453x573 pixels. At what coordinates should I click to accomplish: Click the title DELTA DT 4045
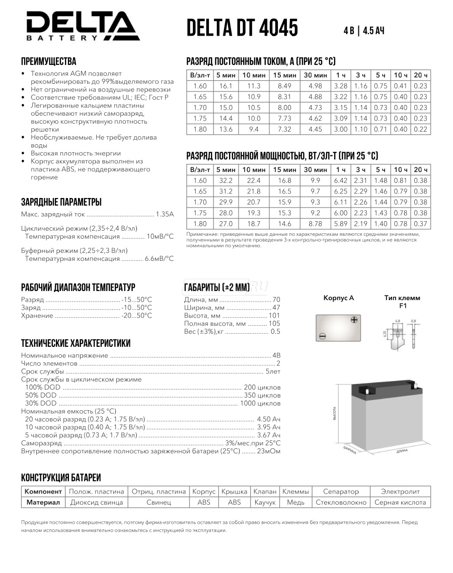point(242,28)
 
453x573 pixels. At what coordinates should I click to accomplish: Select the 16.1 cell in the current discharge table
point(225,86)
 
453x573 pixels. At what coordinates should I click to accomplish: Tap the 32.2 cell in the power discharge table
point(225,180)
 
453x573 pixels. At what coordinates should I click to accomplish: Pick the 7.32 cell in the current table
point(284,129)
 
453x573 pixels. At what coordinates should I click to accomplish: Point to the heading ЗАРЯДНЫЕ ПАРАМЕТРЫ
point(61,202)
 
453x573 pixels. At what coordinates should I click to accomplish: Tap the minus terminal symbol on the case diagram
point(322,336)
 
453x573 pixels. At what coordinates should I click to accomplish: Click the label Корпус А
point(338,298)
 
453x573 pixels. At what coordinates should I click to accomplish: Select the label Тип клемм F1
point(402,302)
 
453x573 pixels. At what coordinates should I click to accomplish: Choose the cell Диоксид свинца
point(96,502)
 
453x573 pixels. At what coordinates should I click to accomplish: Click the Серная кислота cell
point(401,502)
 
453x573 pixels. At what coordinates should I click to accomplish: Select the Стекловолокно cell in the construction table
point(341,502)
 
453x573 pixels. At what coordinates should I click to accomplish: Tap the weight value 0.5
point(275,332)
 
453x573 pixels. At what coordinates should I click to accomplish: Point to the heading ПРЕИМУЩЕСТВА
point(48,61)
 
